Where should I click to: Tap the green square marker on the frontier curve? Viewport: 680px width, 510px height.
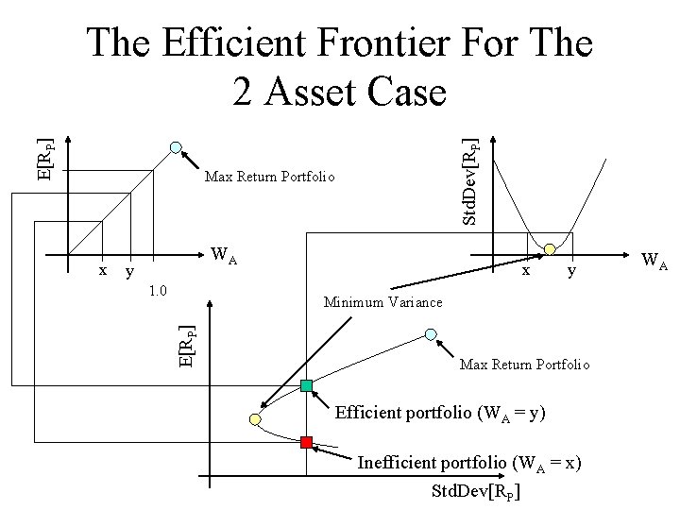pos(306,385)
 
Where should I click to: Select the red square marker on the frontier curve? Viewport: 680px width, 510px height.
pos(306,441)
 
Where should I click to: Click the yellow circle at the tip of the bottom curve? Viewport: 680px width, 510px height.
pos(254,418)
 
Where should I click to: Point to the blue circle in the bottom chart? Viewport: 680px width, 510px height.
pos(431,334)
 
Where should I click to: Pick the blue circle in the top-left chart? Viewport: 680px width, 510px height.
pos(176,146)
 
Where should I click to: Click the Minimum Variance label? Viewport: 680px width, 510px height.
pos(382,302)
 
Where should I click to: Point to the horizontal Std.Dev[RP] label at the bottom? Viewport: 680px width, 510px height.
pos(475,491)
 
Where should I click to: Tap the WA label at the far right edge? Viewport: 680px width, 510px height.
pos(653,260)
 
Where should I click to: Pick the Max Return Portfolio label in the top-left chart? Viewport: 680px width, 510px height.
pos(268,177)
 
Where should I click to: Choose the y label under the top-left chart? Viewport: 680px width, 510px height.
pos(129,271)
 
